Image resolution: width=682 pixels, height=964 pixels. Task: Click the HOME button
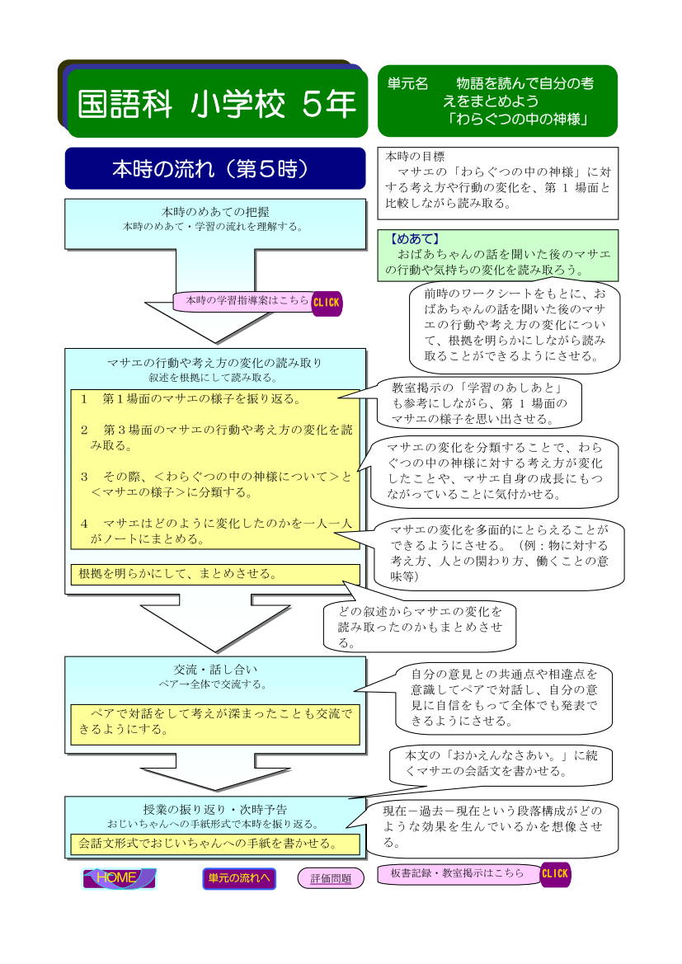(x=120, y=878)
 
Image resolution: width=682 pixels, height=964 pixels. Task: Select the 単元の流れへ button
(x=238, y=878)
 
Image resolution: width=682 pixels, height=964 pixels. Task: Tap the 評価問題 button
(x=331, y=878)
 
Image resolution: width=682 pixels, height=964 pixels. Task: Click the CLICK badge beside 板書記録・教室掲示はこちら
(x=555, y=873)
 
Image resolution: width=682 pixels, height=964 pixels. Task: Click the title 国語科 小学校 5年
(x=217, y=103)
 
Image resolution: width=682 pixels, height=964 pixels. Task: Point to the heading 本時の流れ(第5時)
(x=215, y=168)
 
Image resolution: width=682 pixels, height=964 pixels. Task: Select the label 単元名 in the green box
(x=407, y=83)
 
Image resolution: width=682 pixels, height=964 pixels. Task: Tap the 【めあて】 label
(x=415, y=239)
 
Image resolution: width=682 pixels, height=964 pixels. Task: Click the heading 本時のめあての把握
(x=215, y=212)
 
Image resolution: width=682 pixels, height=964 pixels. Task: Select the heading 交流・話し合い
(x=215, y=670)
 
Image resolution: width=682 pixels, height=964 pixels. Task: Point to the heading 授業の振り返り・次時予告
(x=215, y=810)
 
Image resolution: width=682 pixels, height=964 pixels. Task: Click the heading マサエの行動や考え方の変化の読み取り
(x=215, y=363)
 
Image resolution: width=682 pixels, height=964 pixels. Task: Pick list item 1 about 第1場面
(x=190, y=399)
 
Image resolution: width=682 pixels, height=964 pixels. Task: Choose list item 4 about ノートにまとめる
(x=215, y=531)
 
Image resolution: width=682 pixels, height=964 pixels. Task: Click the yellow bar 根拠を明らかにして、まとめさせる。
(x=215, y=574)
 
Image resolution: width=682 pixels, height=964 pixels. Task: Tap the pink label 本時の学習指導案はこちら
(x=247, y=301)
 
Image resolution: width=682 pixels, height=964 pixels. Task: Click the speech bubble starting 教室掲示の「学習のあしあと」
(x=478, y=403)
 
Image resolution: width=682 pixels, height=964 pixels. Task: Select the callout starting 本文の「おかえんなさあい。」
(x=501, y=764)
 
